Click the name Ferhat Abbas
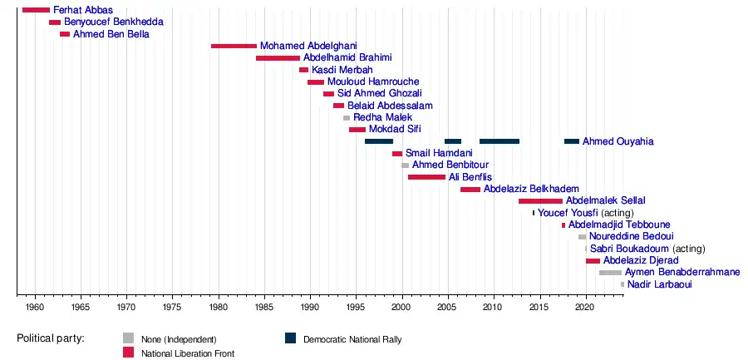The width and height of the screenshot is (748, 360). (82, 10)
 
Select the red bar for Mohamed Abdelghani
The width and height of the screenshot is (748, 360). (234, 46)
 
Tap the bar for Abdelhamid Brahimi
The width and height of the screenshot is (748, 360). (278, 58)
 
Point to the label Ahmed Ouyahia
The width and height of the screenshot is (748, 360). (618, 141)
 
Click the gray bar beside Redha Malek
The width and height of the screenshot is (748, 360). (347, 118)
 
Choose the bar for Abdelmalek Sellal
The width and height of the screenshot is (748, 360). (540, 201)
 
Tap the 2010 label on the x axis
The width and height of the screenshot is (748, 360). (494, 308)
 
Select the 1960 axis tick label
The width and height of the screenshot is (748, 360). (34, 308)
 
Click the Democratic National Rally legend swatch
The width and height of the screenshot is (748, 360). (290, 338)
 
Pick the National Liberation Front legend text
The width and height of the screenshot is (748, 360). (187, 353)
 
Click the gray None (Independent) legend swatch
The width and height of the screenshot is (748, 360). (128, 338)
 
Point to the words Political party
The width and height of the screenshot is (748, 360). (57, 339)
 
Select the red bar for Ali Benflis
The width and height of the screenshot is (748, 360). (426, 177)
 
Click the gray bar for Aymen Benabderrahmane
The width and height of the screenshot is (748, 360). (610, 273)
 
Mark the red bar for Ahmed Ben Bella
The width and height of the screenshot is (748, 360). (65, 34)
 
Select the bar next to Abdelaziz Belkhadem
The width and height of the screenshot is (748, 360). (470, 190)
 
